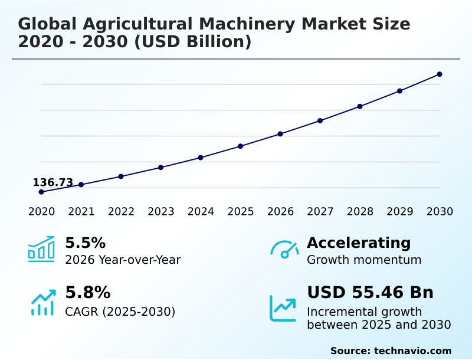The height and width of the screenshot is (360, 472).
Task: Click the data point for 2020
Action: click(x=41, y=192)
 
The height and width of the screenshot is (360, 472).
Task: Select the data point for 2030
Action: click(x=440, y=74)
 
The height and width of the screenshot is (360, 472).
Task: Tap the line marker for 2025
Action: click(x=241, y=146)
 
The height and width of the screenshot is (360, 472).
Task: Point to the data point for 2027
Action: click(x=320, y=120)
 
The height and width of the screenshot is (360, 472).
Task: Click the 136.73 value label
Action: click(x=53, y=182)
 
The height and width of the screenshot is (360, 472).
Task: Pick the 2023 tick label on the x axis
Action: click(x=161, y=211)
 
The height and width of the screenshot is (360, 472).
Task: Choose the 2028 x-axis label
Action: click(x=360, y=211)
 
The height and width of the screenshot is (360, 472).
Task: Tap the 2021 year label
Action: click(x=81, y=211)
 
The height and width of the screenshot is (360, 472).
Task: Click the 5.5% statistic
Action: click(x=85, y=243)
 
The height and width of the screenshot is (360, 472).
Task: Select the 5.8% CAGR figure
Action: click(x=87, y=293)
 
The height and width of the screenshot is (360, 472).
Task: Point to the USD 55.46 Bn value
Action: click(x=370, y=293)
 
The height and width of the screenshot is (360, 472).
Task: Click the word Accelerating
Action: click(x=359, y=243)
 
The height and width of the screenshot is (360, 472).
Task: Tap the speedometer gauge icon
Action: click(x=284, y=250)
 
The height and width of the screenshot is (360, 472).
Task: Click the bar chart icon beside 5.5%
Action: click(x=41, y=250)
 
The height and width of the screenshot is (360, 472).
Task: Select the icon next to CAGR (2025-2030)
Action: click(x=42, y=302)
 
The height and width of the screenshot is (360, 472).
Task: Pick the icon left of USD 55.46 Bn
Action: click(x=283, y=307)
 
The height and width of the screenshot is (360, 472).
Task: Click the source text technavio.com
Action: click(x=412, y=351)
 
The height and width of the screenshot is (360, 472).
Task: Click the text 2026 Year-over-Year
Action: click(x=123, y=260)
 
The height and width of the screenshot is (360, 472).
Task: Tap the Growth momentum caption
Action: click(x=364, y=260)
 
